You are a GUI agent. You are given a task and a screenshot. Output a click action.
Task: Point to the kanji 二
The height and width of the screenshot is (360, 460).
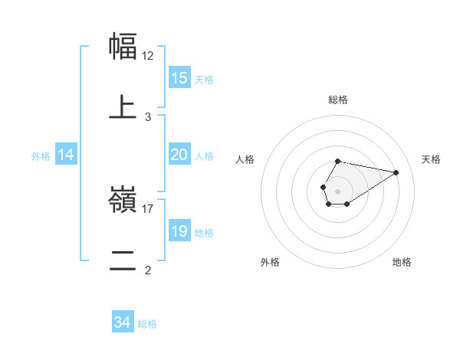[x=123, y=260]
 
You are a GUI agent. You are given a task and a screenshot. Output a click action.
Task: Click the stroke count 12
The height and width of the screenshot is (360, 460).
[x=148, y=55]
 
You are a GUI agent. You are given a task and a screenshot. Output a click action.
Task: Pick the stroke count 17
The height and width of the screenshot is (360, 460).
[x=148, y=208]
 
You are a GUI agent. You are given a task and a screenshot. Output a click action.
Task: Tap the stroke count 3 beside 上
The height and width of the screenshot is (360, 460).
[x=148, y=116]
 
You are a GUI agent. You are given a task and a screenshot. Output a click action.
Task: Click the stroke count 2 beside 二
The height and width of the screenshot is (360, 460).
[x=148, y=270]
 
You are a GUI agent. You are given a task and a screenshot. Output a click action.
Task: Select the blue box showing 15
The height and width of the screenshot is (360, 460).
[x=179, y=78]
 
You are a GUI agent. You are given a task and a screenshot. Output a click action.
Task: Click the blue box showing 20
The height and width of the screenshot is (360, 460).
[x=179, y=155]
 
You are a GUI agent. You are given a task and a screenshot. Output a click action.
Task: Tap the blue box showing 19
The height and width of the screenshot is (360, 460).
[x=179, y=231]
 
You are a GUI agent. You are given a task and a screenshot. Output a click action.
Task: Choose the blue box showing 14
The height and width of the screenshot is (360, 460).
[x=66, y=155]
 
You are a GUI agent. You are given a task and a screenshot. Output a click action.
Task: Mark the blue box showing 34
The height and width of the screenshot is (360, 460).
[x=122, y=322]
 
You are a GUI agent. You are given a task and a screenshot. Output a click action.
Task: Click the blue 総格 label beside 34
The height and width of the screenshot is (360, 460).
[x=147, y=324]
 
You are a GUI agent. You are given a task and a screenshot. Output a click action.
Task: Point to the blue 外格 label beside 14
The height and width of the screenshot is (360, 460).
[x=41, y=156]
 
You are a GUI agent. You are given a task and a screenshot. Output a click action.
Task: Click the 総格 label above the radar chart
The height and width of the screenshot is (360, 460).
[x=337, y=100]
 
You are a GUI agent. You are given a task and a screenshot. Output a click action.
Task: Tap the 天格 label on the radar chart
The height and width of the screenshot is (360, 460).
[x=431, y=159]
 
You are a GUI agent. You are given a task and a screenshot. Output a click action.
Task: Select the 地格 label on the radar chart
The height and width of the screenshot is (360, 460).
[x=402, y=262]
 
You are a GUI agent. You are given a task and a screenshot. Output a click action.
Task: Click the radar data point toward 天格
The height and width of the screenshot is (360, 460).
[x=396, y=172]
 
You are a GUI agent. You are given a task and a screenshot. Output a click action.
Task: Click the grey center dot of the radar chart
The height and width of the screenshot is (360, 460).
[x=337, y=190]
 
